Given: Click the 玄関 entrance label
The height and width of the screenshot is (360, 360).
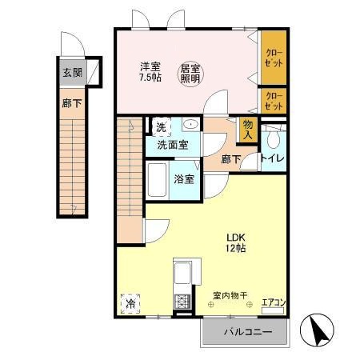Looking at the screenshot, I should click(72, 72).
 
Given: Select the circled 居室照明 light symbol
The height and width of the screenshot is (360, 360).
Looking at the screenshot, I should click(190, 74).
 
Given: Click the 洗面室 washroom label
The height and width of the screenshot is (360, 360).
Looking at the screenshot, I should click(172, 145).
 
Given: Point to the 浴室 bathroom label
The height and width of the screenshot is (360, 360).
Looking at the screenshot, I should click(185, 178).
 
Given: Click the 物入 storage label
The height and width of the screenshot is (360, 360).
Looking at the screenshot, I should click(248, 130).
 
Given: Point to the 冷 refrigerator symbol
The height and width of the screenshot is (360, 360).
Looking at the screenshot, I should click(129, 304).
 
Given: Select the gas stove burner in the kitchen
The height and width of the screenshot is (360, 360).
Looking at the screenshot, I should click(181, 302).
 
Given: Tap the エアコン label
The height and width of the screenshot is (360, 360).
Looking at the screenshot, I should click(273, 302).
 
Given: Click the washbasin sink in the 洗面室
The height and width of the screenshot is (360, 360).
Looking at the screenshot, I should click(190, 126).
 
